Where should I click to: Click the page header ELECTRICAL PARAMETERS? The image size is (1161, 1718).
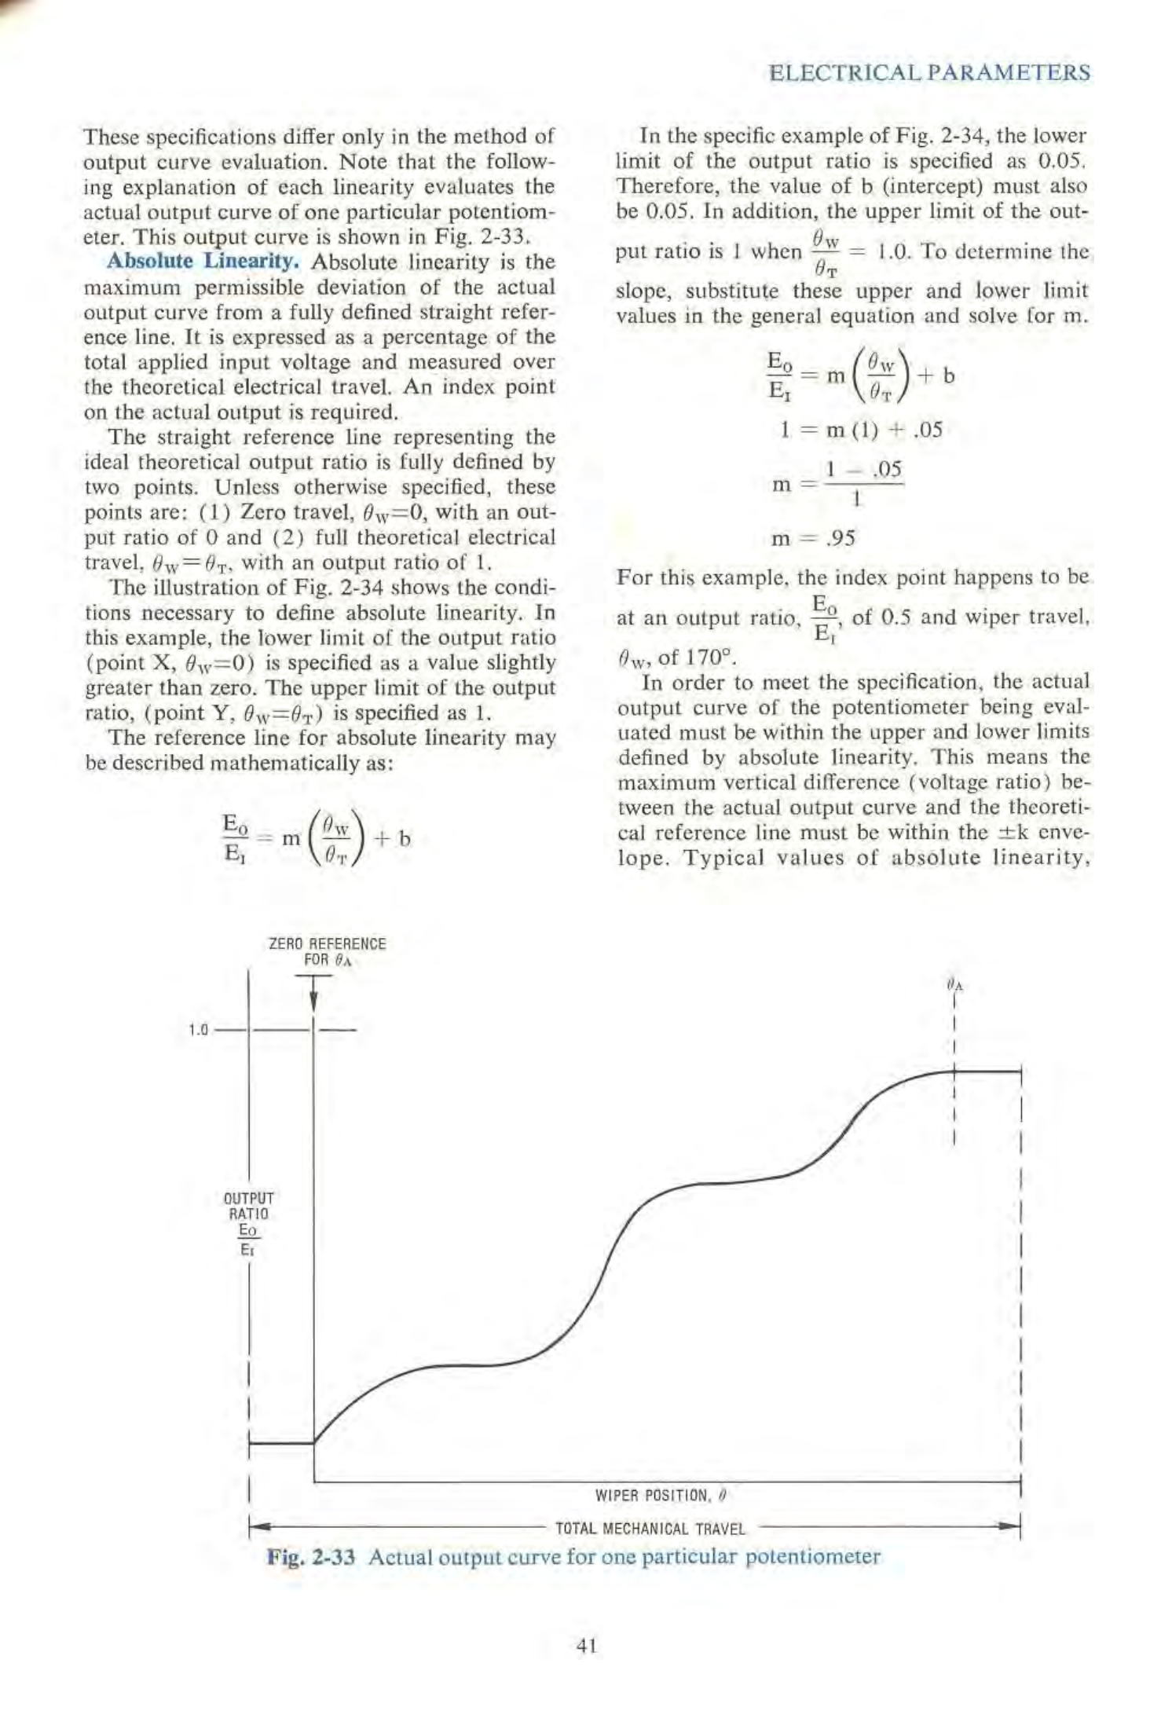pyautogui.click(x=929, y=73)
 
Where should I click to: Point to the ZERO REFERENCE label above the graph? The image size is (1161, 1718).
pyautogui.click(x=328, y=943)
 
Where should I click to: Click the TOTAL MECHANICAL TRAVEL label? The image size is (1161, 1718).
pyautogui.click(x=650, y=1529)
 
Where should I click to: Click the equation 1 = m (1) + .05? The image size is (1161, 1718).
pyautogui.click(x=856, y=430)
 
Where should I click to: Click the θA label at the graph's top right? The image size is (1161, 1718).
pyautogui.click(x=954, y=984)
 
